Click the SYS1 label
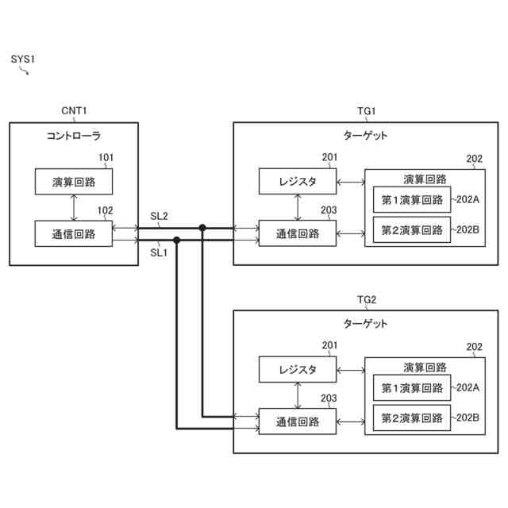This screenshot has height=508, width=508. (x=23, y=59)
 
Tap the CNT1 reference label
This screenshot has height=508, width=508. (x=74, y=111)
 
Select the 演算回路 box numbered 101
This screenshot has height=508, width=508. (x=74, y=182)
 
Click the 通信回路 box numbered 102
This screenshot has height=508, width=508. (x=74, y=233)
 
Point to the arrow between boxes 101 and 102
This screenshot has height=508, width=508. (x=74, y=208)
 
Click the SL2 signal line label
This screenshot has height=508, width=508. (x=159, y=216)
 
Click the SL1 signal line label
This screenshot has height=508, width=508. (x=159, y=252)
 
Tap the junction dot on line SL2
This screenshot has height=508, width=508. (x=202, y=228)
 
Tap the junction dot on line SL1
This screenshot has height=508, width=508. (x=176, y=240)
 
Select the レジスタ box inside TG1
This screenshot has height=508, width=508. (x=298, y=181)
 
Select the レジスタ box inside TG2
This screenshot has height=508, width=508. (x=298, y=369)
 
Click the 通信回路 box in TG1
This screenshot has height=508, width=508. (x=298, y=233)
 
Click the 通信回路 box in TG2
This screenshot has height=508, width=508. (x=298, y=421)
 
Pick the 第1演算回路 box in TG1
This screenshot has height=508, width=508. (x=412, y=199)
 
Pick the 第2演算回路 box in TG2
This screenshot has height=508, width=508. (x=412, y=418)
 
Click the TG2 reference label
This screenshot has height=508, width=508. (x=367, y=300)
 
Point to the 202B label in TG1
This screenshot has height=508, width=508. (x=468, y=229)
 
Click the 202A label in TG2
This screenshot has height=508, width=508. (x=468, y=387)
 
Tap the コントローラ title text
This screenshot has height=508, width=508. (x=74, y=136)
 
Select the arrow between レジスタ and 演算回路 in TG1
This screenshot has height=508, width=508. (x=351, y=182)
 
